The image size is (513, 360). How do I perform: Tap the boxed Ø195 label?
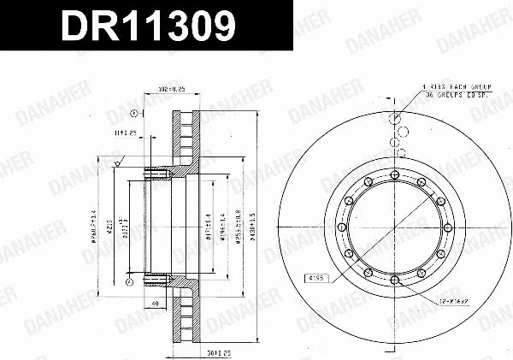pos(317,277)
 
